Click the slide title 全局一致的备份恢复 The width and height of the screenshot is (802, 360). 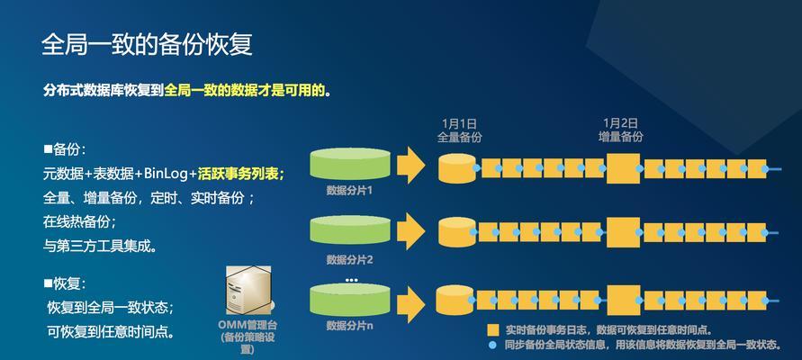tap(147, 45)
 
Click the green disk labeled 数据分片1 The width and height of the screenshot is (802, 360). tap(350, 164)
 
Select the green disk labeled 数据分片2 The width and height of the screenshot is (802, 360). tap(350, 229)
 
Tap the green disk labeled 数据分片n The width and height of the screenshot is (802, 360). tap(350, 299)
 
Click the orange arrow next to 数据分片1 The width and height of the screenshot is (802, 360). tap(411, 164)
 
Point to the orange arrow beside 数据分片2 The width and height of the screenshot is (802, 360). tap(411, 231)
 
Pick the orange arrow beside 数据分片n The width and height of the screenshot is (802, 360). tap(411, 304)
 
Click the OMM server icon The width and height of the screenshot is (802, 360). tap(248, 290)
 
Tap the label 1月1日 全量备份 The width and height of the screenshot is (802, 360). tap(459, 130)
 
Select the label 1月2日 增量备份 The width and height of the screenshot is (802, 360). tap(620, 130)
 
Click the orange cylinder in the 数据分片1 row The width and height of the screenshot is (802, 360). tap(457, 167)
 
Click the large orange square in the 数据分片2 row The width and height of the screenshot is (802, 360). tap(623, 232)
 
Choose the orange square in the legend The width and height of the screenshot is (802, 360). tap(493, 329)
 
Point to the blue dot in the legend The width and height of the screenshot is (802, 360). tap(492, 346)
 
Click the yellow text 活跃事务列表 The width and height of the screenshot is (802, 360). tap(241, 174)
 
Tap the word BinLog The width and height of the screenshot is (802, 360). tap(167, 174)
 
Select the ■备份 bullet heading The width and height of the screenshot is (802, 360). tap(65, 149)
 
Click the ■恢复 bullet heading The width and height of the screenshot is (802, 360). tap(65, 283)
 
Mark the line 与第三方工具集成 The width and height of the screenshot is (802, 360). tap(100, 246)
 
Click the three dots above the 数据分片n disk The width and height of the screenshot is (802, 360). tap(351, 280)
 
